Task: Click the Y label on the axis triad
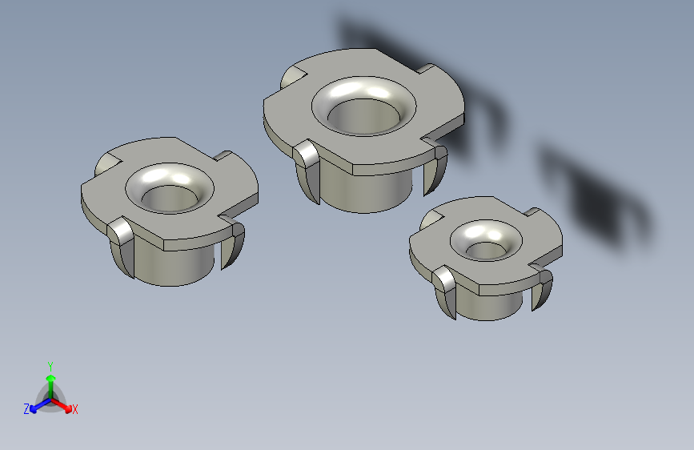(x=50, y=365)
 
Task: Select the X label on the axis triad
(x=75, y=410)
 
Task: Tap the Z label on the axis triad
(x=26, y=409)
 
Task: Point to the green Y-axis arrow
(x=50, y=380)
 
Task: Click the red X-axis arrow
(x=65, y=405)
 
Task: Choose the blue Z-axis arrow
(x=35, y=406)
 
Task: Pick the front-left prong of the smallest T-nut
(x=445, y=292)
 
